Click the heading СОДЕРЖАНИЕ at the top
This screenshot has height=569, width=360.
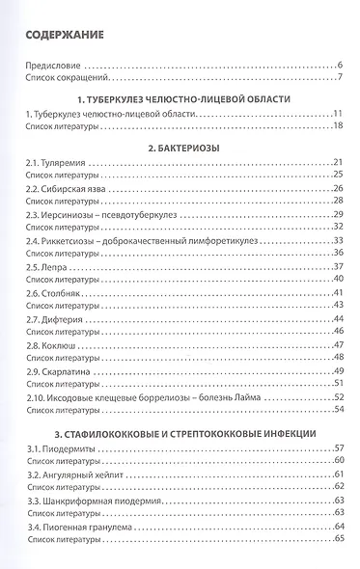click(x=66, y=38)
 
